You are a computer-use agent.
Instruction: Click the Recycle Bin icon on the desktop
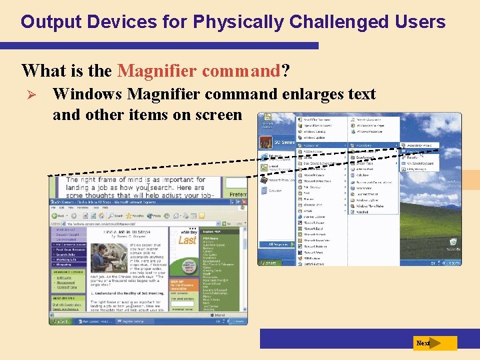click(x=453, y=244)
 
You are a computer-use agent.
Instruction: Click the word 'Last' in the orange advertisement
click(x=187, y=240)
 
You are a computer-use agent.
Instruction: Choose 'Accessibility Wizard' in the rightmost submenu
click(x=440, y=145)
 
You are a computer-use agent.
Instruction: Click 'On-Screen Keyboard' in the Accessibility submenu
click(x=440, y=163)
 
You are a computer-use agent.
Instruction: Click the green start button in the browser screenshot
click(x=61, y=321)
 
